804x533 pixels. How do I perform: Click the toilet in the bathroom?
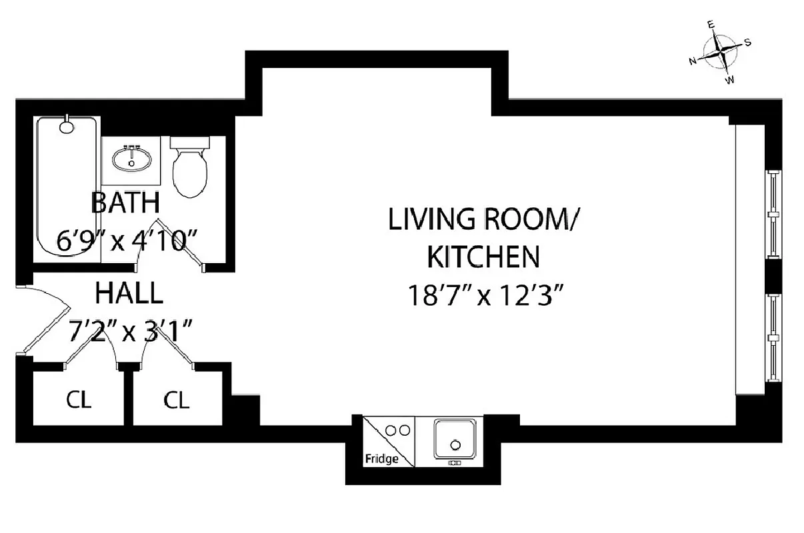point(190,170)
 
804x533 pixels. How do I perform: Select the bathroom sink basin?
point(131,159)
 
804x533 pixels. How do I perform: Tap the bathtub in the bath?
point(66,187)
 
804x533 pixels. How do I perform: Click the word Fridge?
point(381,459)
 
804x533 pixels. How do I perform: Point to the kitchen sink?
point(455,440)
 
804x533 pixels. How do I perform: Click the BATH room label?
point(125,202)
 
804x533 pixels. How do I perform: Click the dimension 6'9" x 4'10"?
point(129,241)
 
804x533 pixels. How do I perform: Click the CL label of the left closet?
point(79,400)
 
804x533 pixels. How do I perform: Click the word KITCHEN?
point(483,256)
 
